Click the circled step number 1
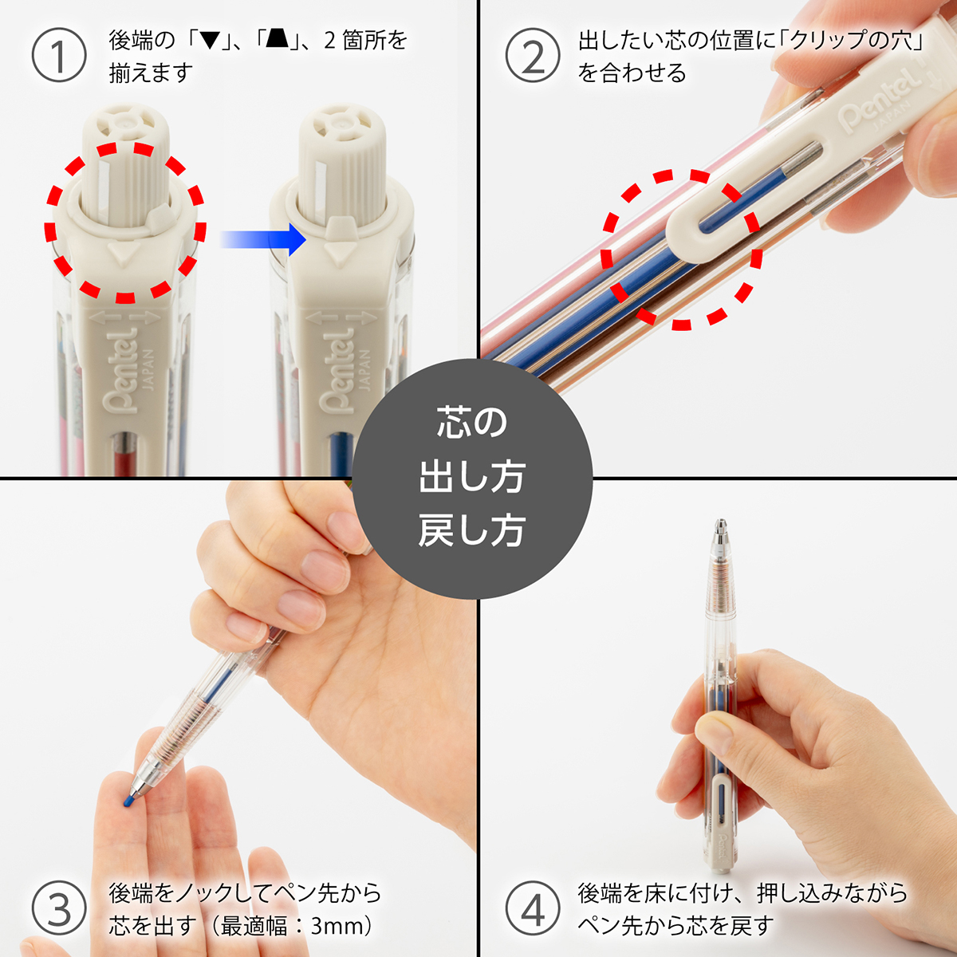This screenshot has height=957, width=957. point(58,55)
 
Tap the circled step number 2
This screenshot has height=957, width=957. point(533,55)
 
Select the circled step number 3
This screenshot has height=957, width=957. point(58,909)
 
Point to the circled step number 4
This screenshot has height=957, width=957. point(533,909)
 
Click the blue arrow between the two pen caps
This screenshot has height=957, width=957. point(263,238)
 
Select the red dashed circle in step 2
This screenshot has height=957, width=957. point(680,249)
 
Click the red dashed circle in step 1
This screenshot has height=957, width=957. point(125,223)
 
